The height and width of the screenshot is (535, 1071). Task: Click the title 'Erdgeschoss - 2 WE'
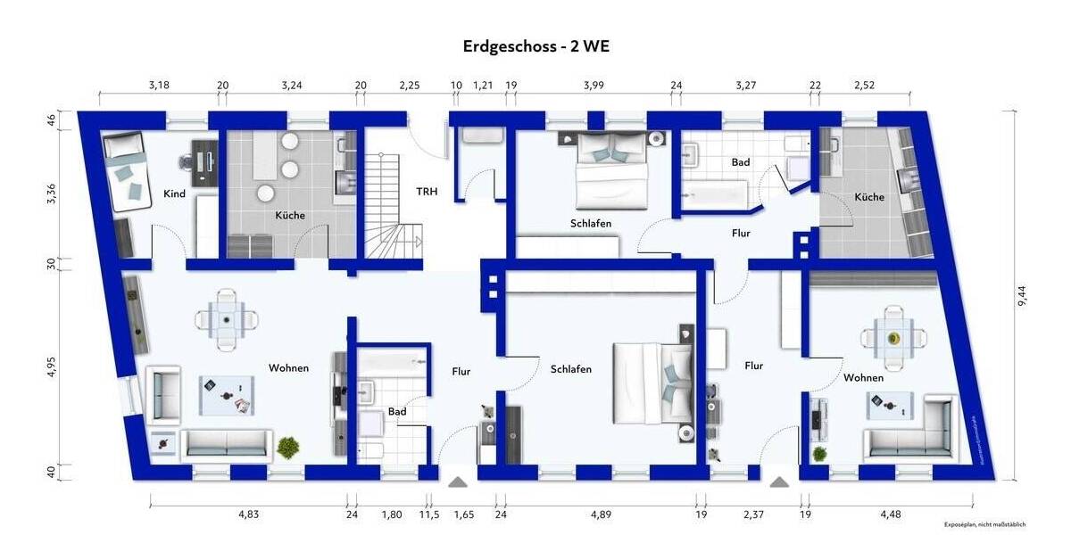[535, 46]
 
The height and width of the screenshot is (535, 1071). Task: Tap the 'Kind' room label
[174, 193]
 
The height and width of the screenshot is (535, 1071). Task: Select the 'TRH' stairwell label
[427, 191]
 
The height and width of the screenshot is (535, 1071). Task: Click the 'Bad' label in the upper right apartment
[740, 162]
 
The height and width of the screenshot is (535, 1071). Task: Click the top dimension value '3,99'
[594, 86]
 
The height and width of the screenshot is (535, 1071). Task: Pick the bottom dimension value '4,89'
[600, 514]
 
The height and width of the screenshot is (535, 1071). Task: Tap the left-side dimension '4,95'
[52, 366]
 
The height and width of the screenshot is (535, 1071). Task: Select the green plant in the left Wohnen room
[287, 446]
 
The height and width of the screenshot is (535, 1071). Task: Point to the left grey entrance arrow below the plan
[458, 482]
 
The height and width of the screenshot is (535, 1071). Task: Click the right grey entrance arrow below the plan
[778, 482]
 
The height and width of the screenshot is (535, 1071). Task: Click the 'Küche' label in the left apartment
[290, 215]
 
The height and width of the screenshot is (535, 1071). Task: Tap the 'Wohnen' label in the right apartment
[863, 378]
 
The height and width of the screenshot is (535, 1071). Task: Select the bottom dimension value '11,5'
[428, 514]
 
